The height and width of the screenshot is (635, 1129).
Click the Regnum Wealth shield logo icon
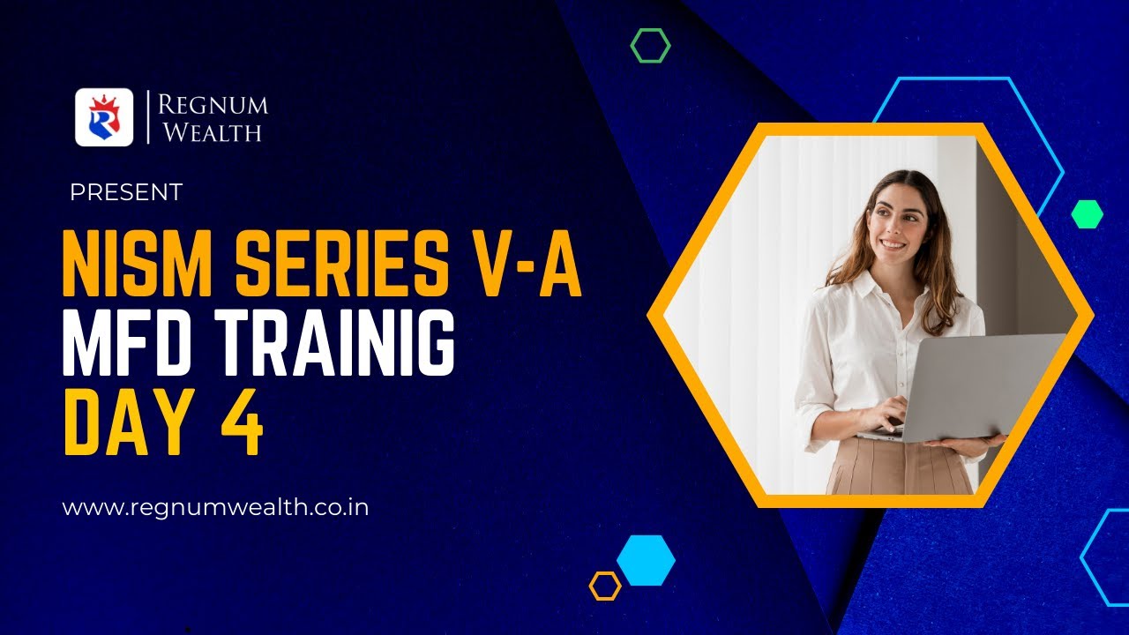104,117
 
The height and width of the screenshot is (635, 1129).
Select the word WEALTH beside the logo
208,133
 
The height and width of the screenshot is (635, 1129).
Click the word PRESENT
126,192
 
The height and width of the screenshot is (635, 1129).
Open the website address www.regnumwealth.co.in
215,508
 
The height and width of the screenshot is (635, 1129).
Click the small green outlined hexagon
650,45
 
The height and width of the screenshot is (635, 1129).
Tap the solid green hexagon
1087,213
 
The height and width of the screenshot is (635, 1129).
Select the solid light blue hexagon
646,560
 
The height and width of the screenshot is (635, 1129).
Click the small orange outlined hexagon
605,586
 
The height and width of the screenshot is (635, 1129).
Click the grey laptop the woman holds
970,388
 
